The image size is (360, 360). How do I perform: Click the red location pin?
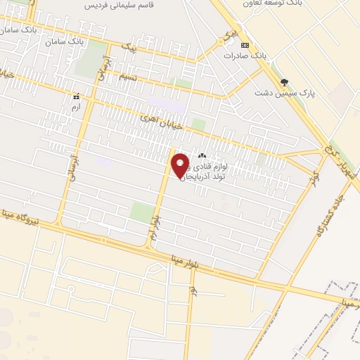click(181, 165)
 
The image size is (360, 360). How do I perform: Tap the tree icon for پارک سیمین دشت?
click(284, 82)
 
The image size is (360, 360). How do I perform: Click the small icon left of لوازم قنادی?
click(202, 155)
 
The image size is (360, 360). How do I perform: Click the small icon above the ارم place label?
click(75, 96)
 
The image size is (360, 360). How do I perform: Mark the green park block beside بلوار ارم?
click(141, 213)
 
